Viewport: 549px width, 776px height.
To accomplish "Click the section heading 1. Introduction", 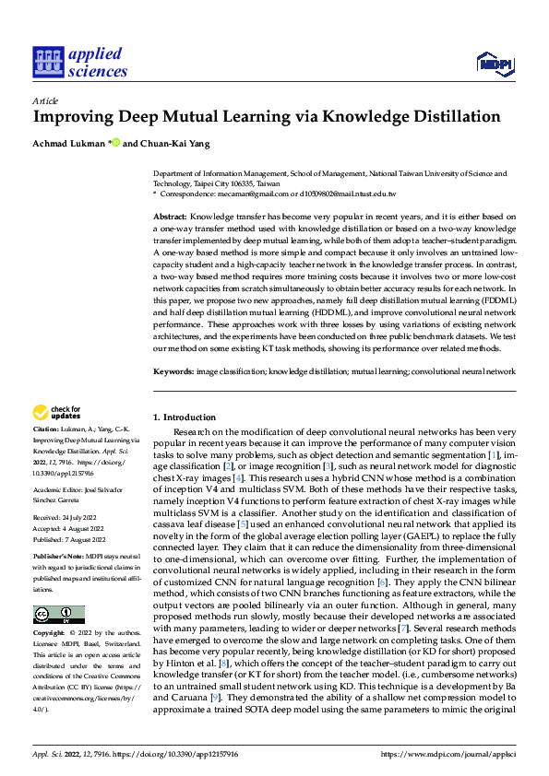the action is pos(184,417).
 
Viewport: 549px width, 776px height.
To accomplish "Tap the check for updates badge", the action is pos(56,413).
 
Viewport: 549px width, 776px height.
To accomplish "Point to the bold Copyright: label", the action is pos(50,635).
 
